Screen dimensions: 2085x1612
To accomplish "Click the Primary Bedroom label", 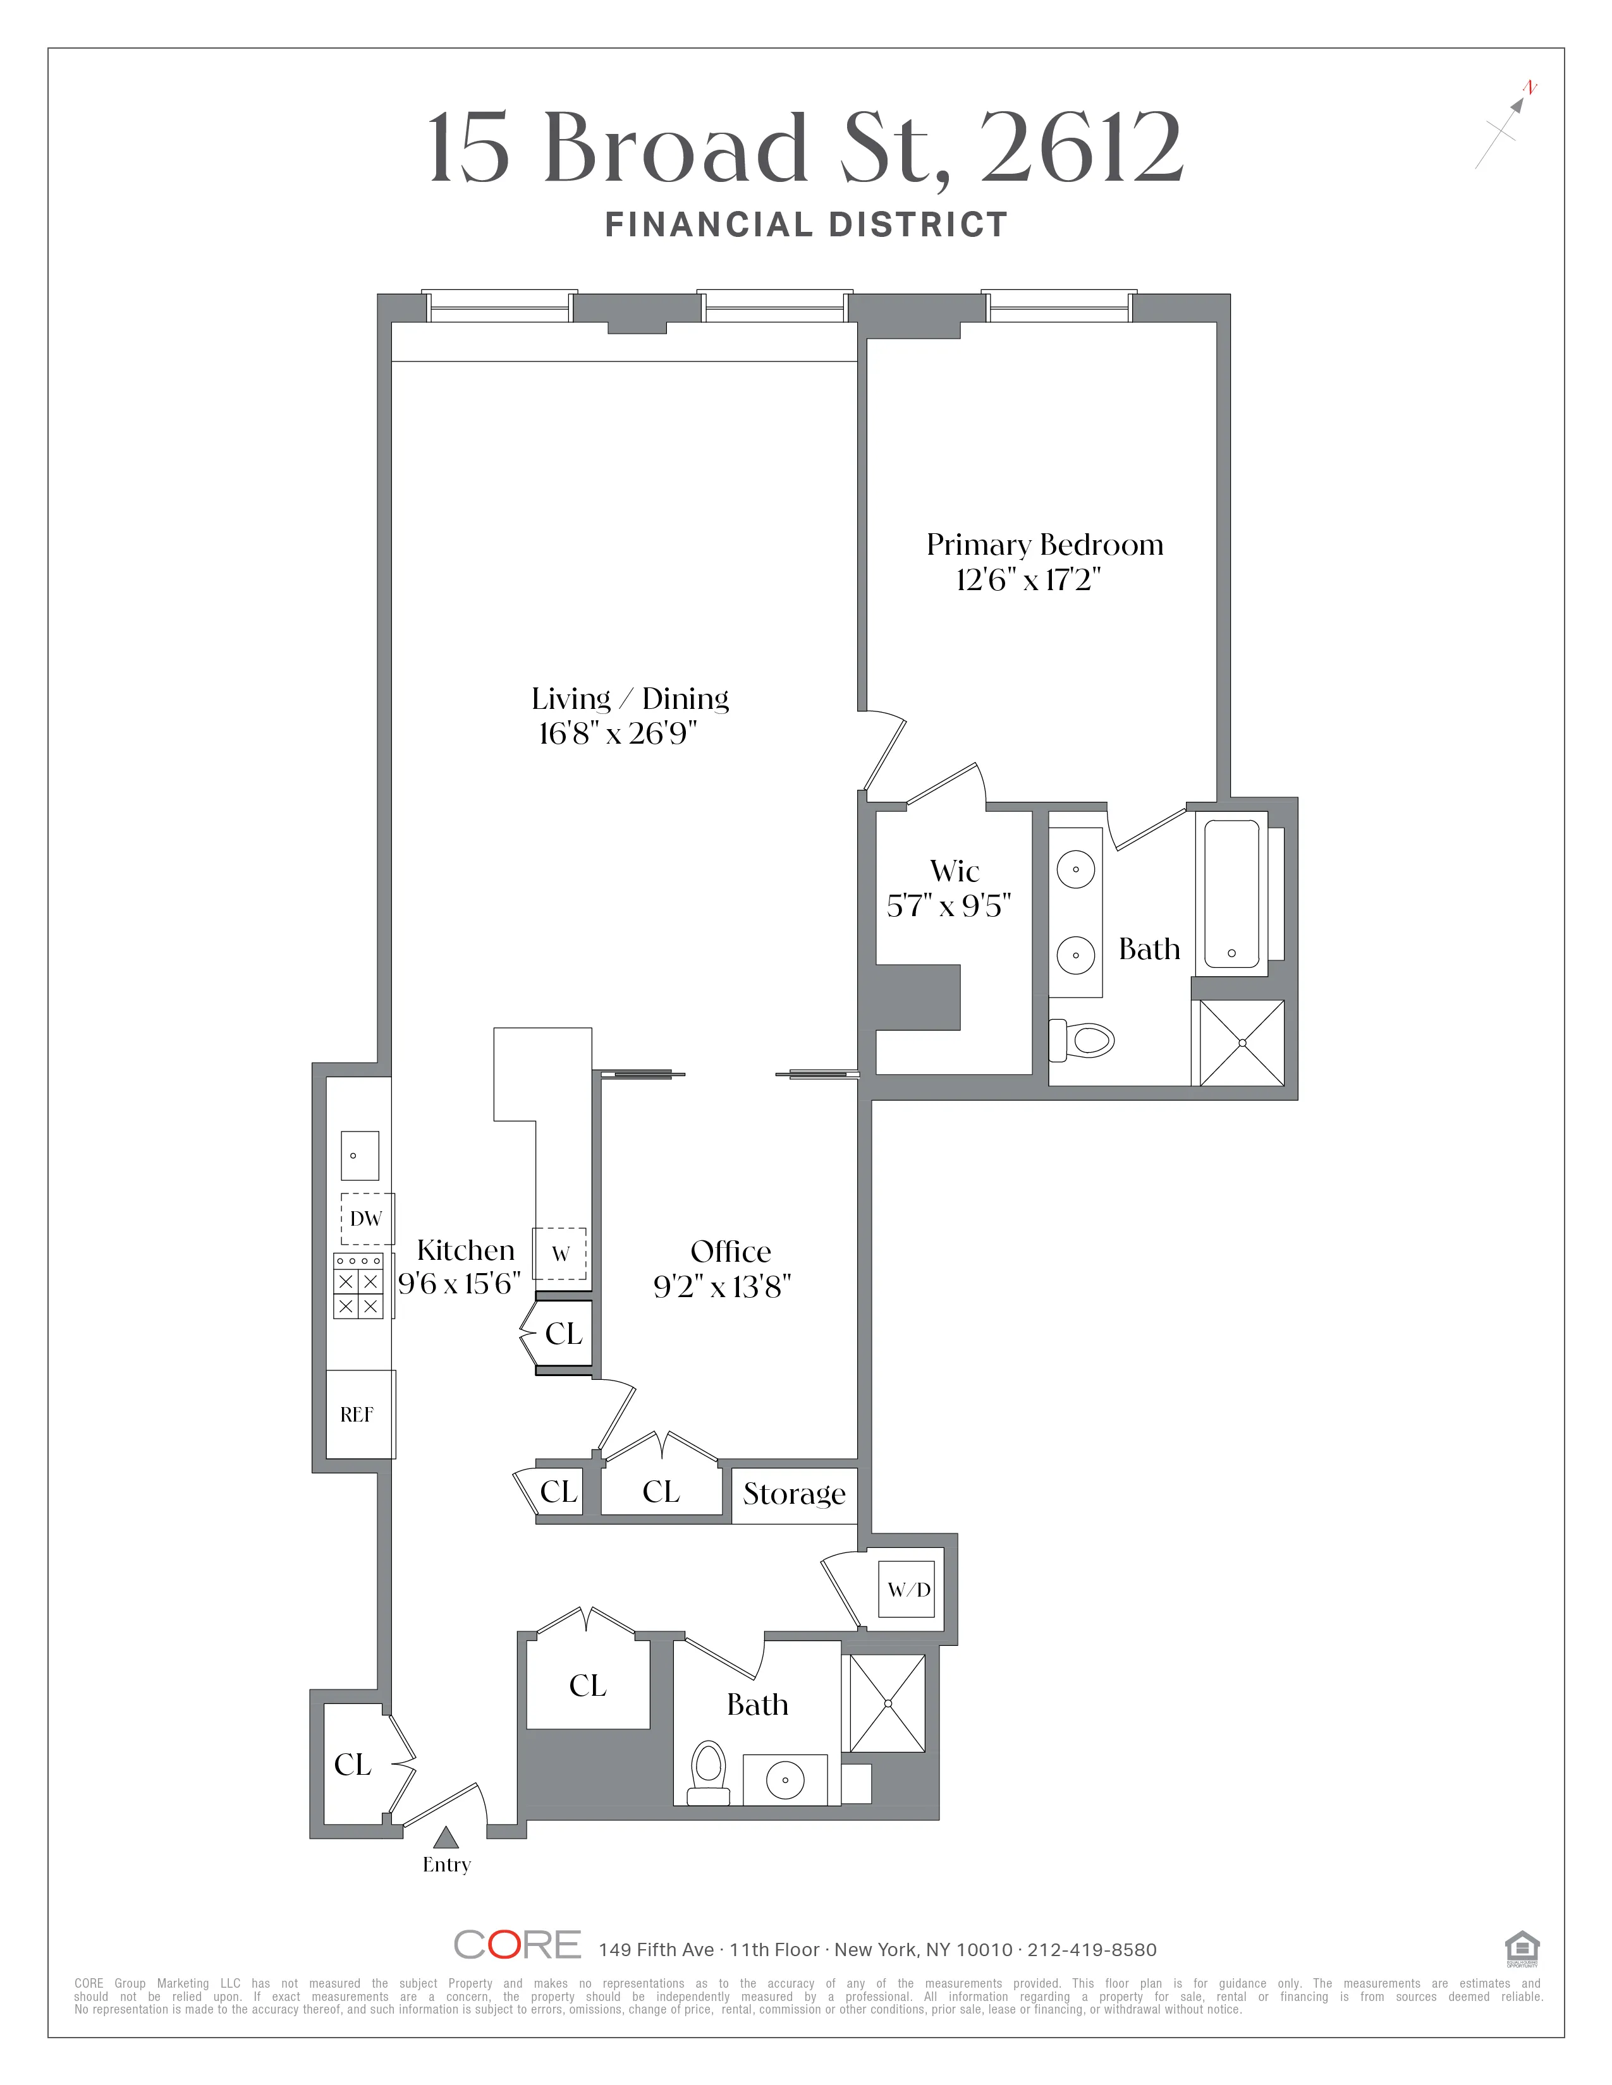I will pos(1045,545).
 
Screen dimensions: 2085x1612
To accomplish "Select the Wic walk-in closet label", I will pos(954,871).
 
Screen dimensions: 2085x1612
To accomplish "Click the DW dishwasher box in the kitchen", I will pos(367,1219).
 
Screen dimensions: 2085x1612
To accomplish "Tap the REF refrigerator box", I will pos(358,1415).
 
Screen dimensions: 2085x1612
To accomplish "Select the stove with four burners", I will pos(358,1286).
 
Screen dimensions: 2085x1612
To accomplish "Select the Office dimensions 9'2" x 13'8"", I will pos(722,1288).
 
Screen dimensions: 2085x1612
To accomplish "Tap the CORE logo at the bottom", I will pos(516,1945).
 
